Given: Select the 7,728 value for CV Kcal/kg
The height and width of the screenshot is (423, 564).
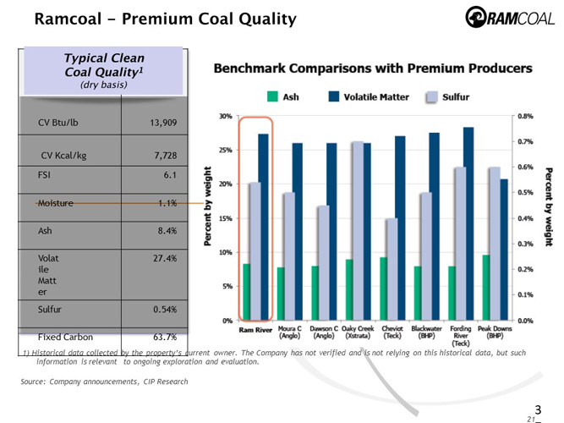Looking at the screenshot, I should pyautogui.click(x=160, y=157).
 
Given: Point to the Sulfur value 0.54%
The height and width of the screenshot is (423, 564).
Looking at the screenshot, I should pyautogui.click(x=160, y=310).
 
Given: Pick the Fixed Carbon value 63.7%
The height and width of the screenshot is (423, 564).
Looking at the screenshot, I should pyautogui.click(x=160, y=337).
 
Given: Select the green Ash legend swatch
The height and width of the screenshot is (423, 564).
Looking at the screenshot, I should pyautogui.click(x=271, y=97).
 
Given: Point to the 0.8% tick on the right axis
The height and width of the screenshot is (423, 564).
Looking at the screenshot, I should pyautogui.click(x=525, y=116).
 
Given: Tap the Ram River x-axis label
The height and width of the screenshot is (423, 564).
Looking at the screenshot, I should pyautogui.click(x=255, y=329).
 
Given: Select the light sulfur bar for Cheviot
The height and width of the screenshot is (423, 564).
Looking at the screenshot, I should pyautogui.click(x=391, y=269).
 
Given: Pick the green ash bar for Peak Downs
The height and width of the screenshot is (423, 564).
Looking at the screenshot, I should pyautogui.click(x=485, y=288).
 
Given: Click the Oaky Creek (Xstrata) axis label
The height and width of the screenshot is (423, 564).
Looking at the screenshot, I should pyautogui.click(x=358, y=332).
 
